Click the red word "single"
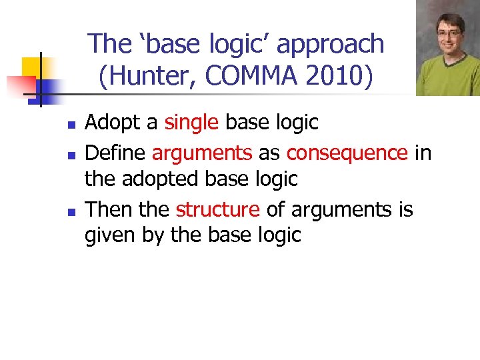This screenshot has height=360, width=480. (191, 123)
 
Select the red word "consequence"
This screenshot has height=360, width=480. (347, 153)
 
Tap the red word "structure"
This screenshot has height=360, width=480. (217, 209)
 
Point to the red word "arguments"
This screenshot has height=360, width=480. (202, 153)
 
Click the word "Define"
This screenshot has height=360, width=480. (115, 153)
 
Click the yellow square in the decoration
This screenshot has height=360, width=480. (31, 67)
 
